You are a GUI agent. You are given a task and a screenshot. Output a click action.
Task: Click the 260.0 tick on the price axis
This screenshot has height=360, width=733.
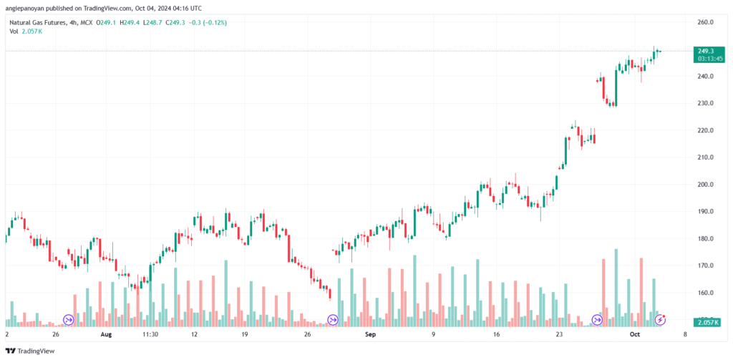pyautogui.click(x=706, y=22)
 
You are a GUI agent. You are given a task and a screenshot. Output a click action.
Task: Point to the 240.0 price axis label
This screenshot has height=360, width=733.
pyautogui.click(x=706, y=77)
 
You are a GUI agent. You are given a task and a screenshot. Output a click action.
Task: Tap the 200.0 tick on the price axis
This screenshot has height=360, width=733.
pyautogui.click(x=706, y=185)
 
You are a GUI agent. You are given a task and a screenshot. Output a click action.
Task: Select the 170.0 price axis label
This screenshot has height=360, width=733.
pyautogui.click(x=706, y=266)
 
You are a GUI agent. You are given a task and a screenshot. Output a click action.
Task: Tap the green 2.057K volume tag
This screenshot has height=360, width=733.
pyautogui.click(x=707, y=324)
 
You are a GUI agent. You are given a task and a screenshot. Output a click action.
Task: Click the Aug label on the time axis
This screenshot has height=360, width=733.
pyautogui.click(x=107, y=334)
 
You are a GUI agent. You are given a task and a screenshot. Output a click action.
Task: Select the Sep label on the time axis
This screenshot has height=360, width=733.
pyautogui.click(x=370, y=334)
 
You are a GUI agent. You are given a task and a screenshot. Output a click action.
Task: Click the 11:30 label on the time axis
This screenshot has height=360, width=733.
pyautogui.click(x=150, y=334)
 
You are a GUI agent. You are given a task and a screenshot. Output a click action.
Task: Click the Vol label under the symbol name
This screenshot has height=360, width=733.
pyautogui.click(x=14, y=31)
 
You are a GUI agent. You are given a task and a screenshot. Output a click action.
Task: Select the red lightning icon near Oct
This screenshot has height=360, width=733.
pyautogui.click(x=662, y=318)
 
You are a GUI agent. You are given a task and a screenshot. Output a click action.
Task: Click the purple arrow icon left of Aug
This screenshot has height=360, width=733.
pyautogui.click(x=69, y=319)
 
